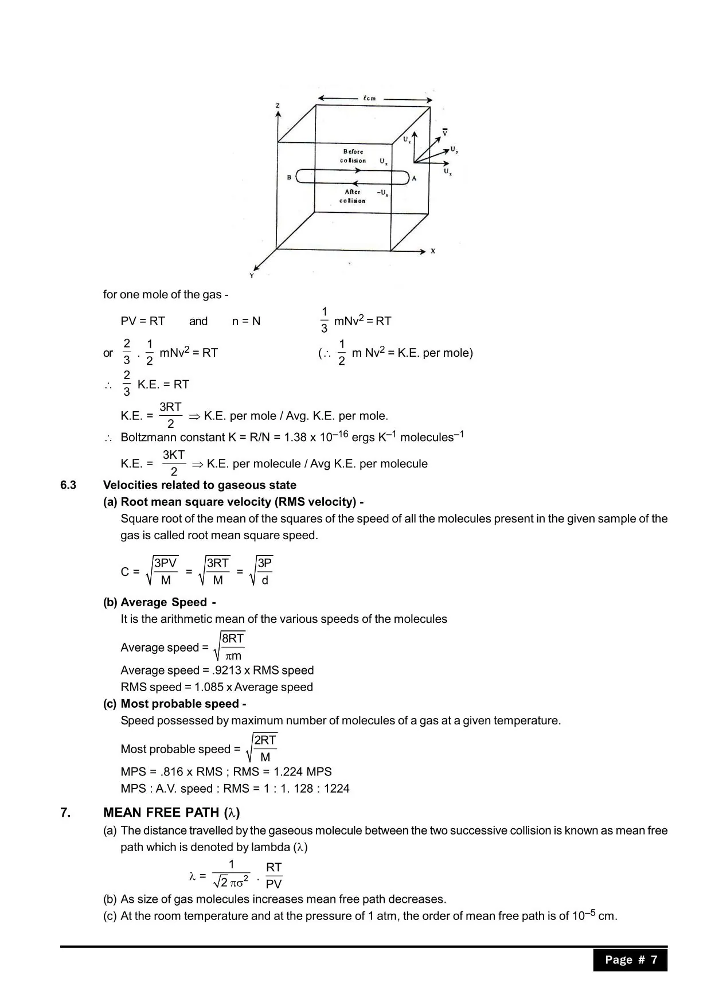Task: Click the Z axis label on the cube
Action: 278,106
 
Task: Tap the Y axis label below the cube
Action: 251,276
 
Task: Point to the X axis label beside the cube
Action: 433,251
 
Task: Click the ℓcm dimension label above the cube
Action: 369,98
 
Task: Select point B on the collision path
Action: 290,178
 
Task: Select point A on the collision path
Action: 414,178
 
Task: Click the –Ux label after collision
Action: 382,193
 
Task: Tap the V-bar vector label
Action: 445,132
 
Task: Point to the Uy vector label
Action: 454,150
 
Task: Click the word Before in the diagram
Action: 353,151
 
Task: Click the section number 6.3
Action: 68,485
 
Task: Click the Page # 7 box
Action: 630,960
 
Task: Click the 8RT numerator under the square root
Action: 233,639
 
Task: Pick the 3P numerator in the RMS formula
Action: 264,563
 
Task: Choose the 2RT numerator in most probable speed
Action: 265,740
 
